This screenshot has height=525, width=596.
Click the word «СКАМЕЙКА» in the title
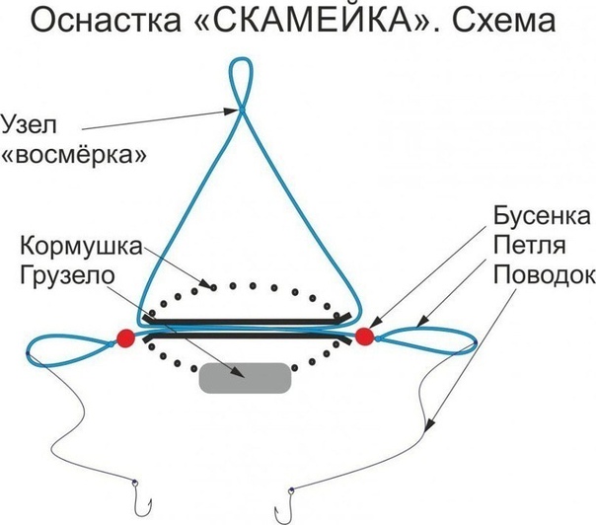click(x=327, y=22)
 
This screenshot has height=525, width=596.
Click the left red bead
click(x=125, y=337)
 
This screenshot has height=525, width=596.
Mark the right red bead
click(x=364, y=337)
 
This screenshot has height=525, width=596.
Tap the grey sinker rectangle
click(x=245, y=378)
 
